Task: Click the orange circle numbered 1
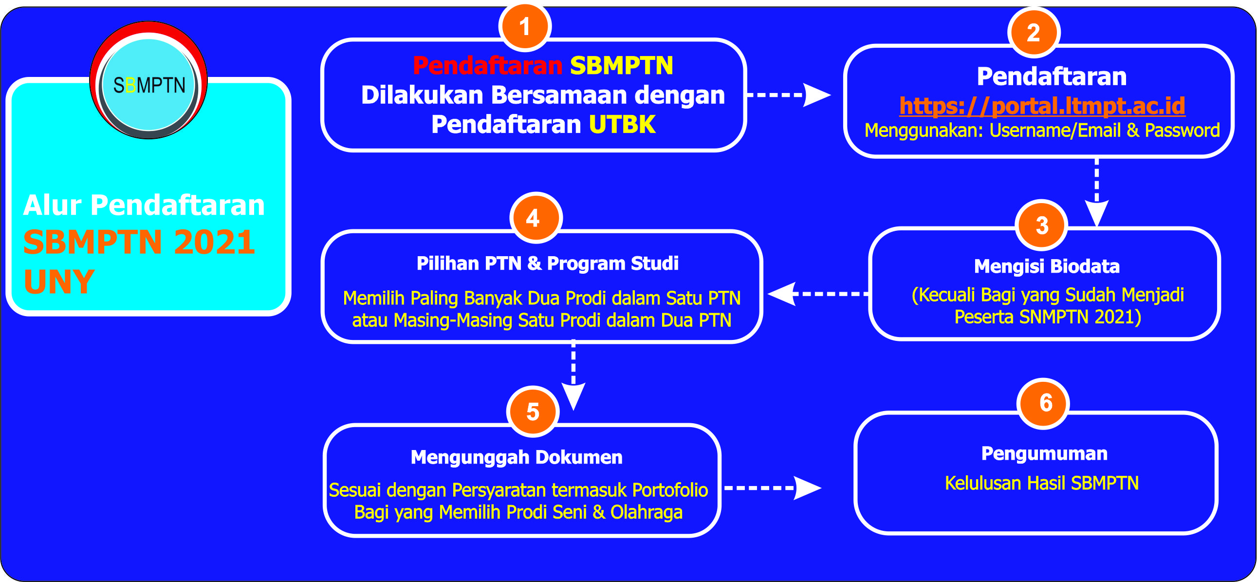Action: click(x=525, y=26)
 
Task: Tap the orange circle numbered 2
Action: click(x=1034, y=33)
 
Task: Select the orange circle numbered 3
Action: click(x=1042, y=225)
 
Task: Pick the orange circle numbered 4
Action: click(x=536, y=218)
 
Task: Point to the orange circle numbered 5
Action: click(x=533, y=412)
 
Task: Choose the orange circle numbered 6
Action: click(x=1044, y=403)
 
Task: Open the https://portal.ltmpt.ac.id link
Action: click(x=1042, y=106)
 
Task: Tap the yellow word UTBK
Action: click(x=622, y=125)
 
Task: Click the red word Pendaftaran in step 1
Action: click(x=487, y=65)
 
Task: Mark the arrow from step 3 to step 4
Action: click(x=817, y=294)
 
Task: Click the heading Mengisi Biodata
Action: click(x=1047, y=266)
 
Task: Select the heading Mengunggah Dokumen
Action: click(x=516, y=457)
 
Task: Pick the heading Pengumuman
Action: click(x=1044, y=453)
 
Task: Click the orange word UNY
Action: click(x=58, y=282)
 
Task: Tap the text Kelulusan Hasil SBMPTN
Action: click(x=1042, y=483)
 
